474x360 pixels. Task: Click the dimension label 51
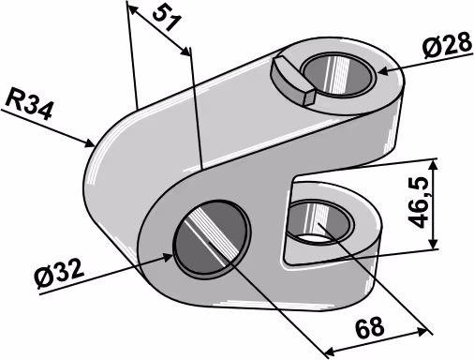168,19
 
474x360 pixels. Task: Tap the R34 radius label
29,104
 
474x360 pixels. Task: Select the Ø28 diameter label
447,45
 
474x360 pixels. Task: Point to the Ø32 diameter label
59,274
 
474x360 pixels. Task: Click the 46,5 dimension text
419,202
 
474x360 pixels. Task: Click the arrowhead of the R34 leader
90,143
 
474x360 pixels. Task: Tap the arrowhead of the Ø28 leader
383,71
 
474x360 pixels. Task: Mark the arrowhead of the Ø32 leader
167,257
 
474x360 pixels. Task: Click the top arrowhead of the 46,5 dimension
434,165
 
